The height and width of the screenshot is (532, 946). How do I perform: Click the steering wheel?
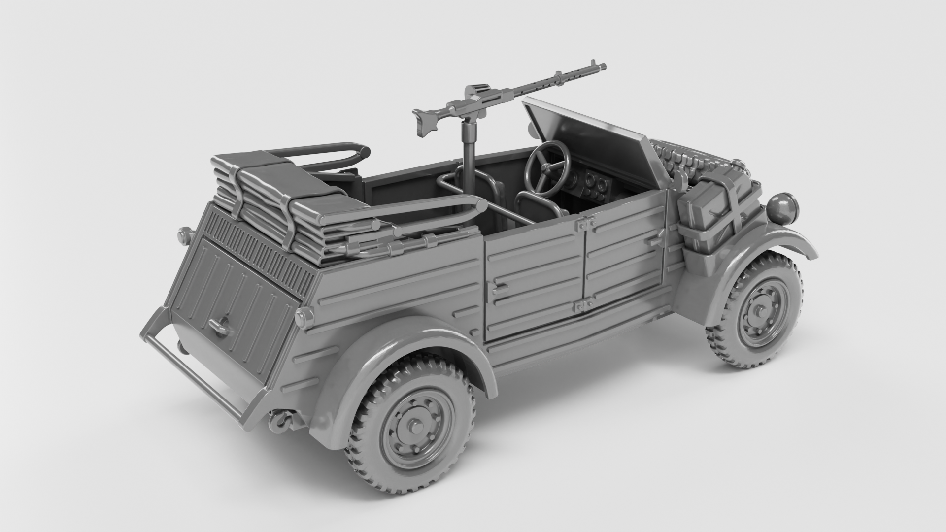(547, 167)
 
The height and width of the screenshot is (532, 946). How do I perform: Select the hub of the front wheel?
(758, 311)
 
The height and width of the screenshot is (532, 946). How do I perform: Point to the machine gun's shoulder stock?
(425, 122)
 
